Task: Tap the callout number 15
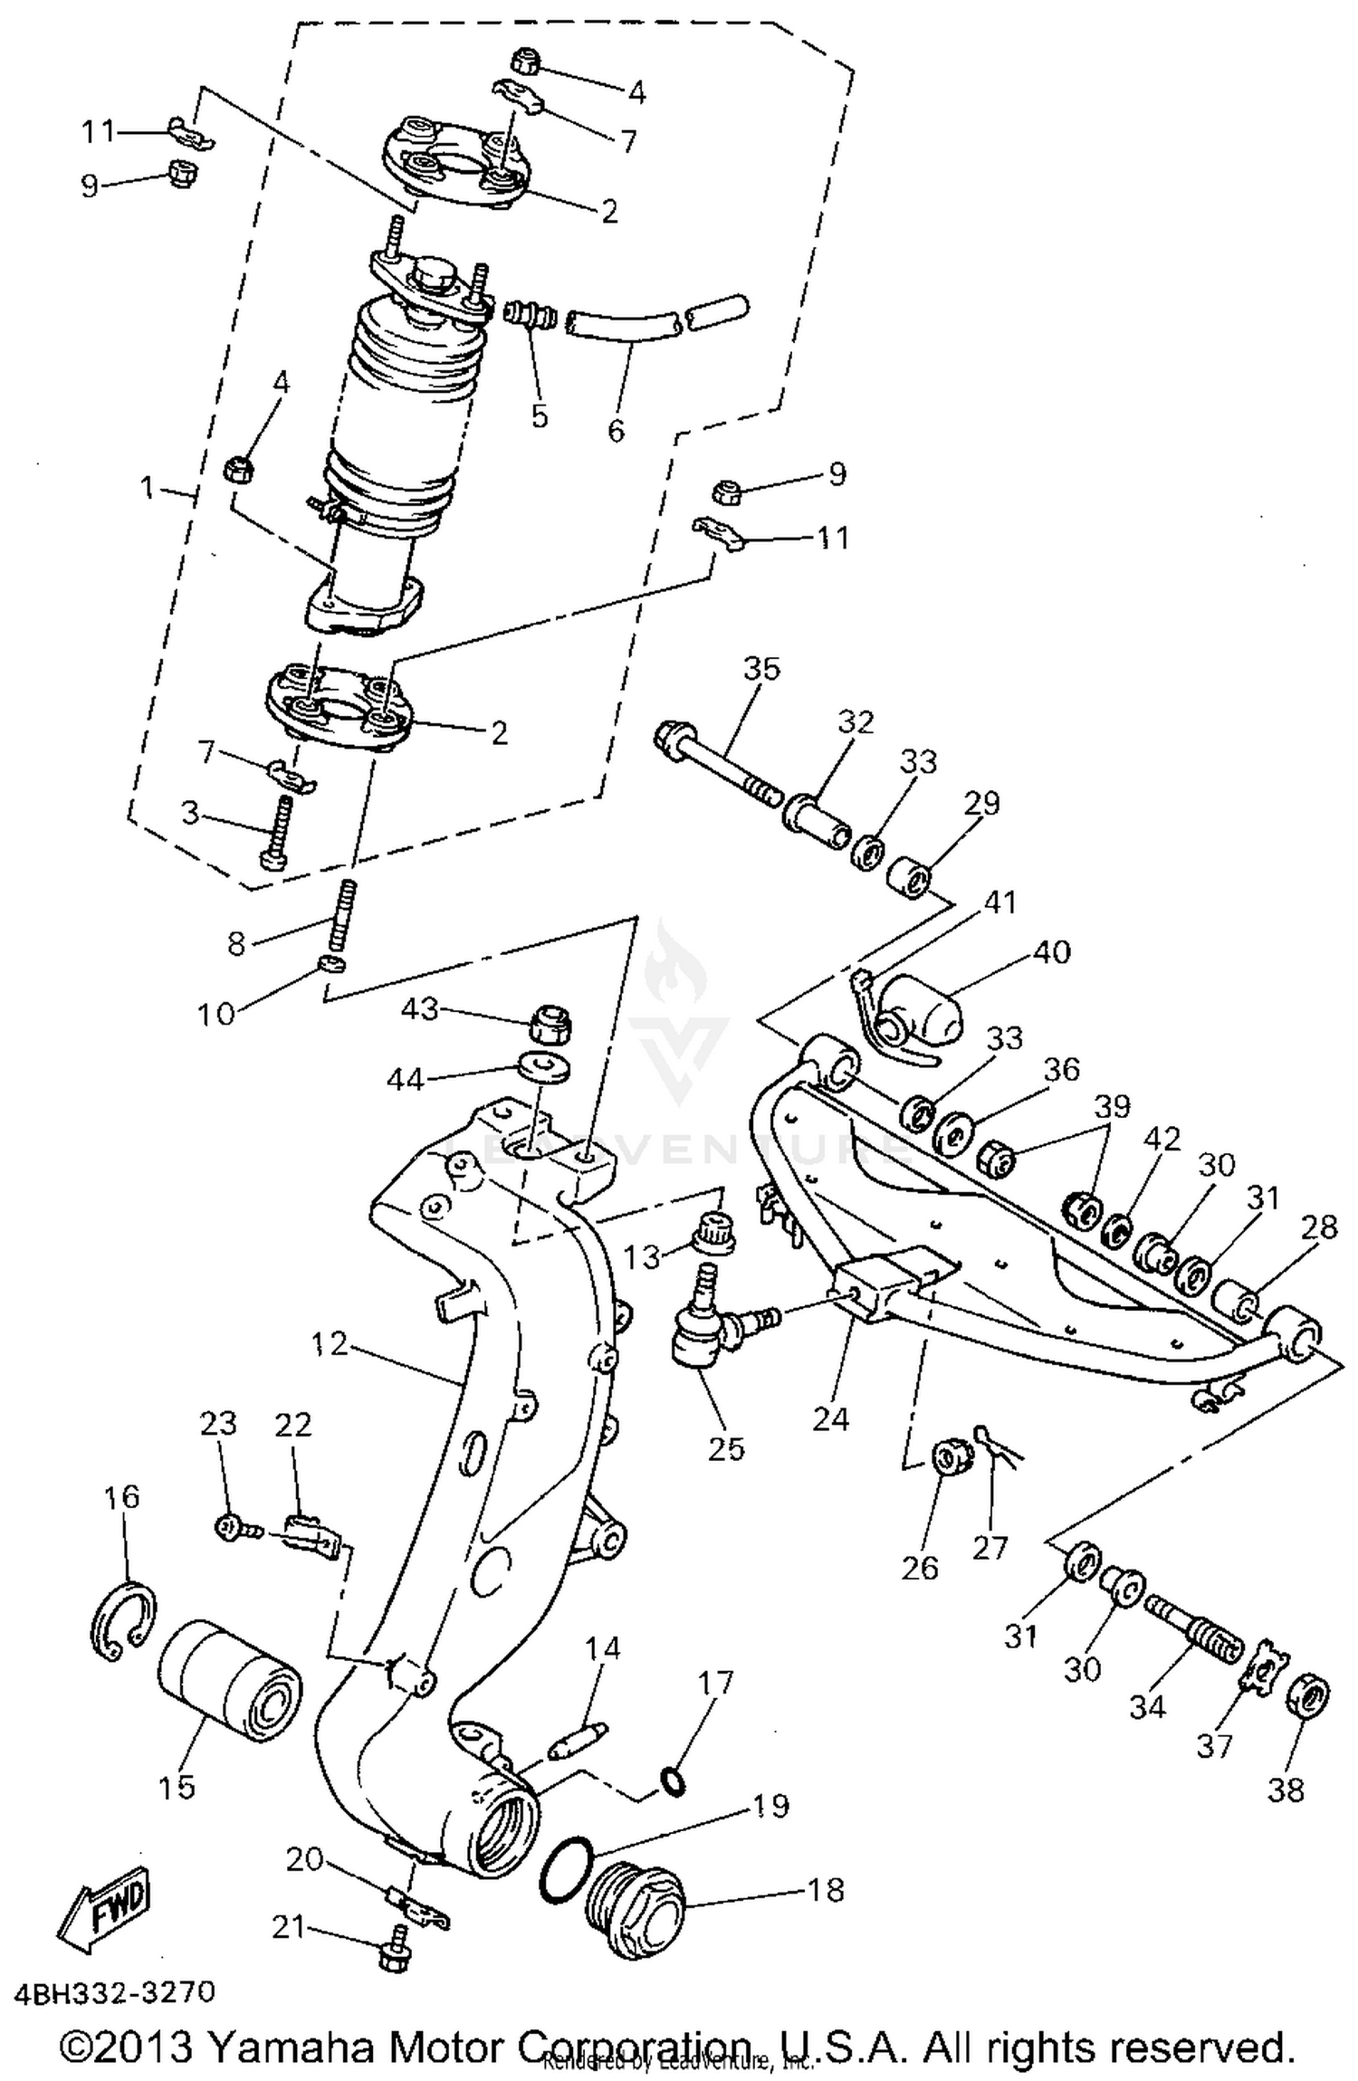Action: (177, 1786)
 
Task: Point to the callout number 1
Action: (148, 488)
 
